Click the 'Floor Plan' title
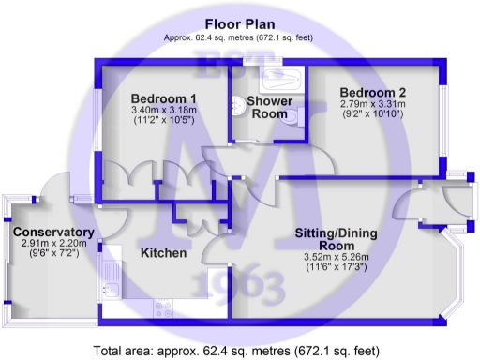click(240, 22)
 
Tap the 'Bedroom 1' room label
click(163, 98)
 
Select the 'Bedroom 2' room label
click(373, 92)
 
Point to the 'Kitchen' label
click(164, 253)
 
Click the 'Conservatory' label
click(52, 232)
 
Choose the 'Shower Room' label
click(271, 108)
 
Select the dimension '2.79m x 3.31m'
click(372, 104)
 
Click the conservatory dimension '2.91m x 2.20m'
click(52, 244)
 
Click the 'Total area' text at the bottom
click(239, 349)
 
